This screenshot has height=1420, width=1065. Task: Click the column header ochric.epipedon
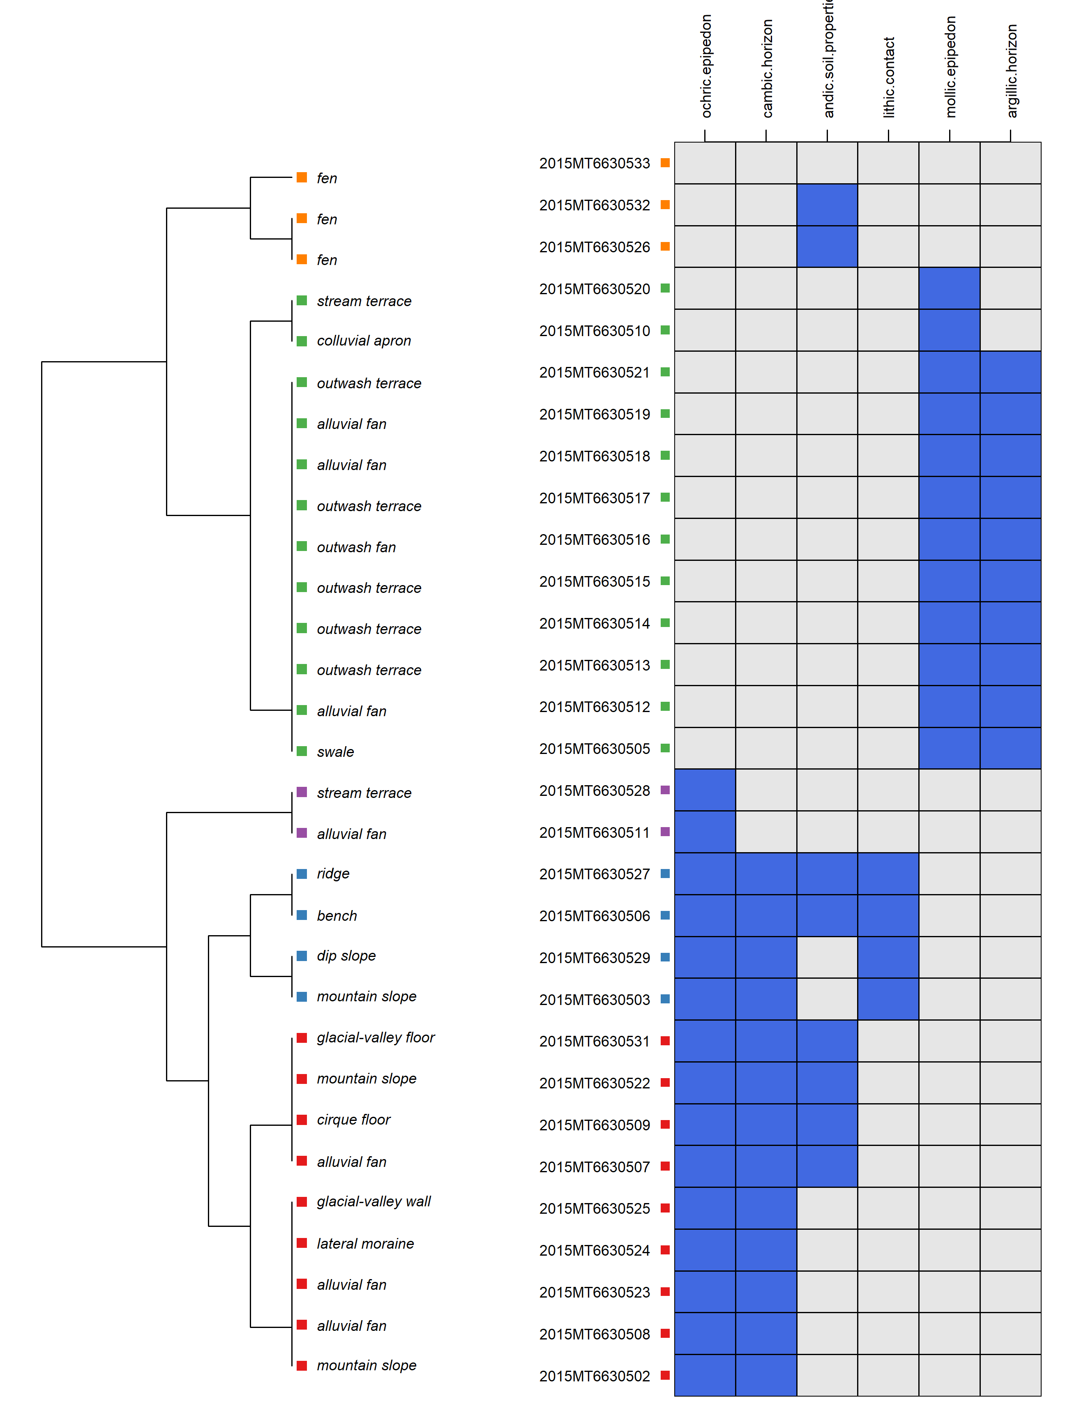[x=706, y=66]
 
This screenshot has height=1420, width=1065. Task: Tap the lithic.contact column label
[x=889, y=77]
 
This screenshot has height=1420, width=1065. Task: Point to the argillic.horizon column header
[x=1012, y=71]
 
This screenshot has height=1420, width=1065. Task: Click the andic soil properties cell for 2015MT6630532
[x=827, y=205]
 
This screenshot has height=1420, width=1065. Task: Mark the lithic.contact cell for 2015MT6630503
[x=888, y=999]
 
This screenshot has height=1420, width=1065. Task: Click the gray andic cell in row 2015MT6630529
[x=827, y=957]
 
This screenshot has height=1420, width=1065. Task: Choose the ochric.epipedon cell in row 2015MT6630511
[x=705, y=832]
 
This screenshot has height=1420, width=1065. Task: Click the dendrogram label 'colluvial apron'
[x=363, y=341]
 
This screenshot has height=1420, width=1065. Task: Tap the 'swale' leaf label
[x=335, y=752]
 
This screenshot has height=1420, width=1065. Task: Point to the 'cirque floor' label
[x=353, y=1120]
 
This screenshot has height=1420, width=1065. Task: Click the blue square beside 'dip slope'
[x=302, y=956]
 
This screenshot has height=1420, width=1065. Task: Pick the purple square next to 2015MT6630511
[x=665, y=832]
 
